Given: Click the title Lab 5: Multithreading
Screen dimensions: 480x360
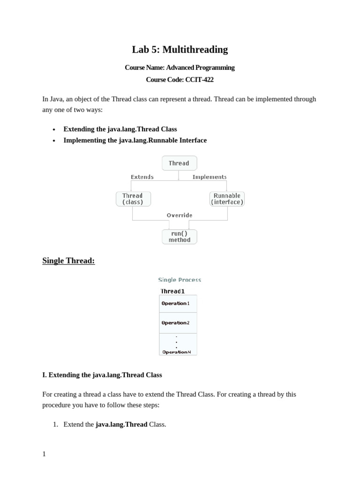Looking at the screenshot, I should click(x=180, y=50).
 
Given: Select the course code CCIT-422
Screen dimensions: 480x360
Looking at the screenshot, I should click(x=199, y=80).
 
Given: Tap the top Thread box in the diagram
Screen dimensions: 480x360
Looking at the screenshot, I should click(x=179, y=163).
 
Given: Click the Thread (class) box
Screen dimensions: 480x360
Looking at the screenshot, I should click(x=133, y=199).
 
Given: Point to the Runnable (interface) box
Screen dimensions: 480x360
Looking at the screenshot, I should click(x=227, y=199).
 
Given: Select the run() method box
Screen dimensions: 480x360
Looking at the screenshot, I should click(x=180, y=237).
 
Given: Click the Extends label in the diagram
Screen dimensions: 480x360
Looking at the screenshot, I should click(x=142, y=177).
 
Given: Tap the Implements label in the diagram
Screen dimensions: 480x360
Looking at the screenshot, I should click(x=210, y=177).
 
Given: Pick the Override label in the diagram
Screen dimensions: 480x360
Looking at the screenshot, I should click(x=180, y=215).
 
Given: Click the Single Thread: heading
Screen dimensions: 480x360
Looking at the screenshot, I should click(x=68, y=261).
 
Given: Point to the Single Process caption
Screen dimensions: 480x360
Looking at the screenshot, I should click(x=180, y=280).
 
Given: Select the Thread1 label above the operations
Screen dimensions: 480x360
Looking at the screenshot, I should click(x=172, y=291).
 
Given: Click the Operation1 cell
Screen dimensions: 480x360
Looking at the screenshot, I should click(x=178, y=303).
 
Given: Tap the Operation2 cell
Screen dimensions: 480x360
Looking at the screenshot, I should click(x=178, y=323).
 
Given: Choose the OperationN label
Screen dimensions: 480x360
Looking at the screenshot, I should click(x=177, y=352).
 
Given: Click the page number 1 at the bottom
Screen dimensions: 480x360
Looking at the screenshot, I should click(x=44, y=454).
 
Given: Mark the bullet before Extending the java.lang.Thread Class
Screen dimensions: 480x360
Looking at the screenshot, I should click(x=54, y=129).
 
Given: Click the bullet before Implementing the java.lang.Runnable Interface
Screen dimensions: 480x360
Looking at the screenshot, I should click(x=54, y=141).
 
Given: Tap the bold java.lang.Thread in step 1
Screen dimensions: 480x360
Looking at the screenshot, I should click(x=121, y=424).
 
